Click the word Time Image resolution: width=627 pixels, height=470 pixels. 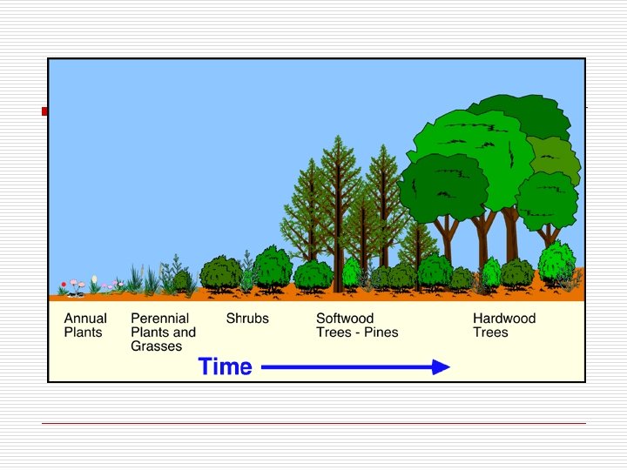[x=226, y=367]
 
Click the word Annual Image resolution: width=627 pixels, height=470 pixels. [x=85, y=319]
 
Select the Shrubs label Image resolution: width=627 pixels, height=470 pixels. [x=247, y=319]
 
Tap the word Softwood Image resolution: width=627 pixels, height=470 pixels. [x=345, y=319]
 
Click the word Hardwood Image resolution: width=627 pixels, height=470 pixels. [x=504, y=319]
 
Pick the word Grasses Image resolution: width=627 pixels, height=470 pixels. [x=157, y=346]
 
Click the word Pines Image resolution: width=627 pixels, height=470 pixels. [x=381, y=332]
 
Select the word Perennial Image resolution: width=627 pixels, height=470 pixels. [x=159, y=319]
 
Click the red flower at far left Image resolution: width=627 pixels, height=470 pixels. [x=63, y=285]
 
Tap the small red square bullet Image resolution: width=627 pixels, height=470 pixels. [x=44, y=111]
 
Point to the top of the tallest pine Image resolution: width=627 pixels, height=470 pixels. [x=336, y=138]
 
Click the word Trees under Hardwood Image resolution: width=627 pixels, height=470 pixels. [x=490, y=332]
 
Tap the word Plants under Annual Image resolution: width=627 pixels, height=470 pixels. [x=83, y=332]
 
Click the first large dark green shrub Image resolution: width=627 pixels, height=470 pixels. [x=220, y=272]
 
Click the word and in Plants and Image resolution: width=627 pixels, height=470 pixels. [x=184, y=332]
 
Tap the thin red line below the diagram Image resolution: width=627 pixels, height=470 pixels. [x=313, y=423]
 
